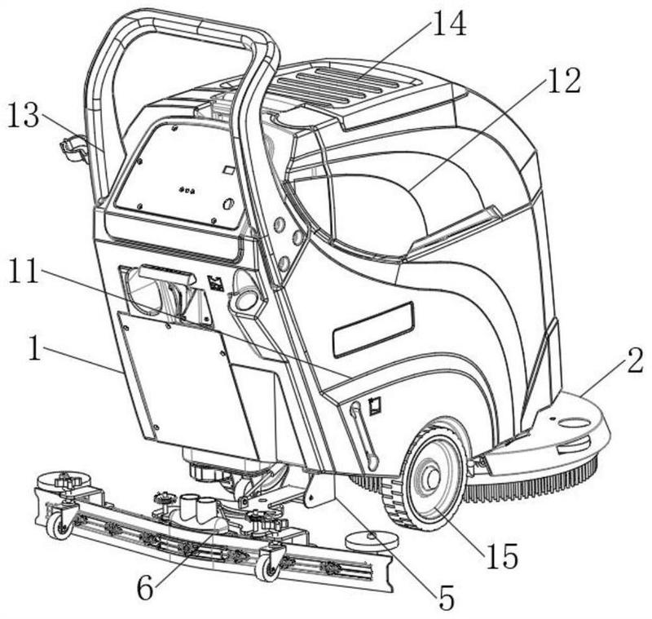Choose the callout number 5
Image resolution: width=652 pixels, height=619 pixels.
pyautogui.click(x=444, y=597)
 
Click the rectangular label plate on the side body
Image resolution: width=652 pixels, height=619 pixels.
pyautogui.click(x=373, y=328)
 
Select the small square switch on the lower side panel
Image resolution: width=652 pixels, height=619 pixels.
pyautogui.click(x=376, y=405)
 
